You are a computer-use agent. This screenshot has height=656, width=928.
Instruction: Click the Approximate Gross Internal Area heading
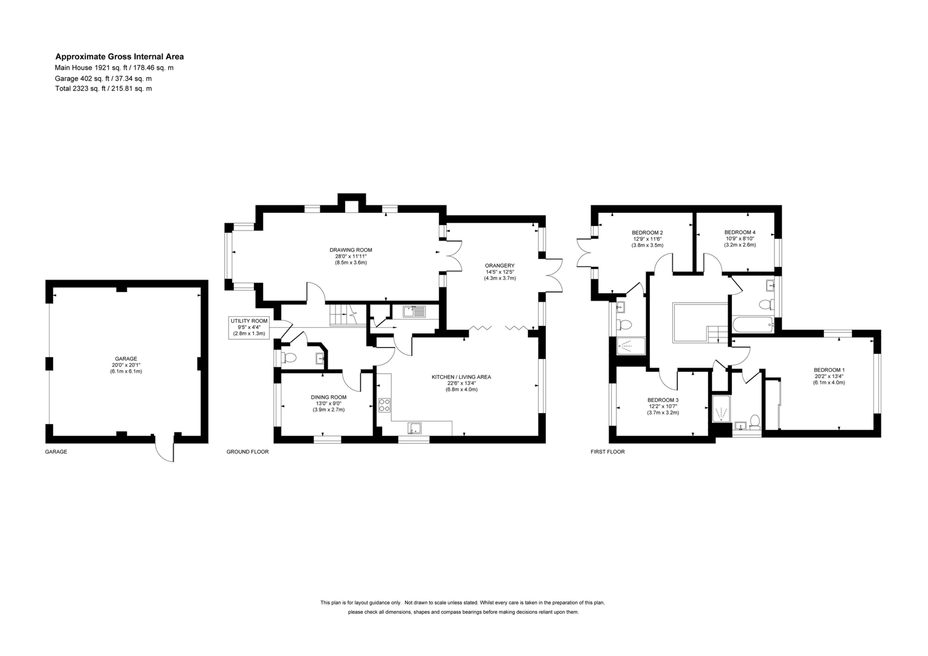pyautogui.click(x=120, y=57)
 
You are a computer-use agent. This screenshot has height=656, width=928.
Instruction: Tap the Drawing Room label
pyautogui.click(x=351, y=250)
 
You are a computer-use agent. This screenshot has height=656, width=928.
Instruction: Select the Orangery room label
pyautogui.click(x=500, y=265)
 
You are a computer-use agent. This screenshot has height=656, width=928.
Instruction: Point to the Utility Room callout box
pyautogui.click(x=249, y=327)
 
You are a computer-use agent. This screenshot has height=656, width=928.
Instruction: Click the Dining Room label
pyautogui.click(x=329, y=397)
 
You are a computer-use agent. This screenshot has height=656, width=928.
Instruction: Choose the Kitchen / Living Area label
pyautogui.click(x=461, y=377)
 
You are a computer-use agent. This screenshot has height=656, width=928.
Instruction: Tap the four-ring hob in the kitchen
pyautogui.click(x=384, y=405)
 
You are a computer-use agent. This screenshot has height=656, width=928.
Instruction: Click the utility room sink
pyautogui.click(x=414, y=312)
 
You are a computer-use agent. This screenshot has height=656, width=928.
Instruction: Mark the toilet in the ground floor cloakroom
pyautogui.click(x=288, y=357)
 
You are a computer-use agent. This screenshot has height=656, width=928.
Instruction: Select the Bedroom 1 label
pyautogui.click(x=829, y=370)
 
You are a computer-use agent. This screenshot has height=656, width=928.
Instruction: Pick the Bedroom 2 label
pyautogui.click(x=647, y=232)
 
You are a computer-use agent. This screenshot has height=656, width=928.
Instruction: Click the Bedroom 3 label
pyautogui.click(x=663, y=400)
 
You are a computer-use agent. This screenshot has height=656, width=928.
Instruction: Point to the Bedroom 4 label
pyautogui.click(x=740, y=232)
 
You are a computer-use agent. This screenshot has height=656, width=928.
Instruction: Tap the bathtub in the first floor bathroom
pyautogui.click(x=753, y=325)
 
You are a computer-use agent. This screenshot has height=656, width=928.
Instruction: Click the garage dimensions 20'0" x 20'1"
pyautogui.click(x=126, y=365)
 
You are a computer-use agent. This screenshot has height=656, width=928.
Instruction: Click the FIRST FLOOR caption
pyautogui.click(x=608, y=452)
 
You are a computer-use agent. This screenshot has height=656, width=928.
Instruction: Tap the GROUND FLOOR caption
pyautogui.click(x=247, y=452)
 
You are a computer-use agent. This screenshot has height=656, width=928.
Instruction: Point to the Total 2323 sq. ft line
pyautogui.click(x=104, y=88)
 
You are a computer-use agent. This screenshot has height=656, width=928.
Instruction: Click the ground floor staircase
pyautogui.click(x=348, y=315)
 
